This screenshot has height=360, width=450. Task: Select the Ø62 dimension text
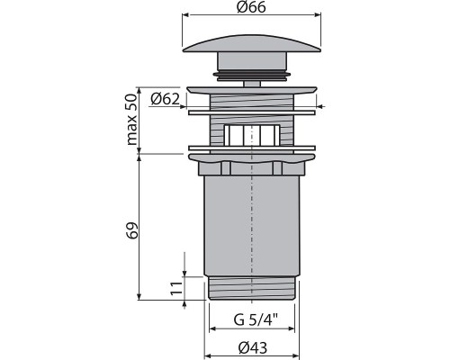166,98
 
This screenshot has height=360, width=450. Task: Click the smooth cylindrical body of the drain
253,225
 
